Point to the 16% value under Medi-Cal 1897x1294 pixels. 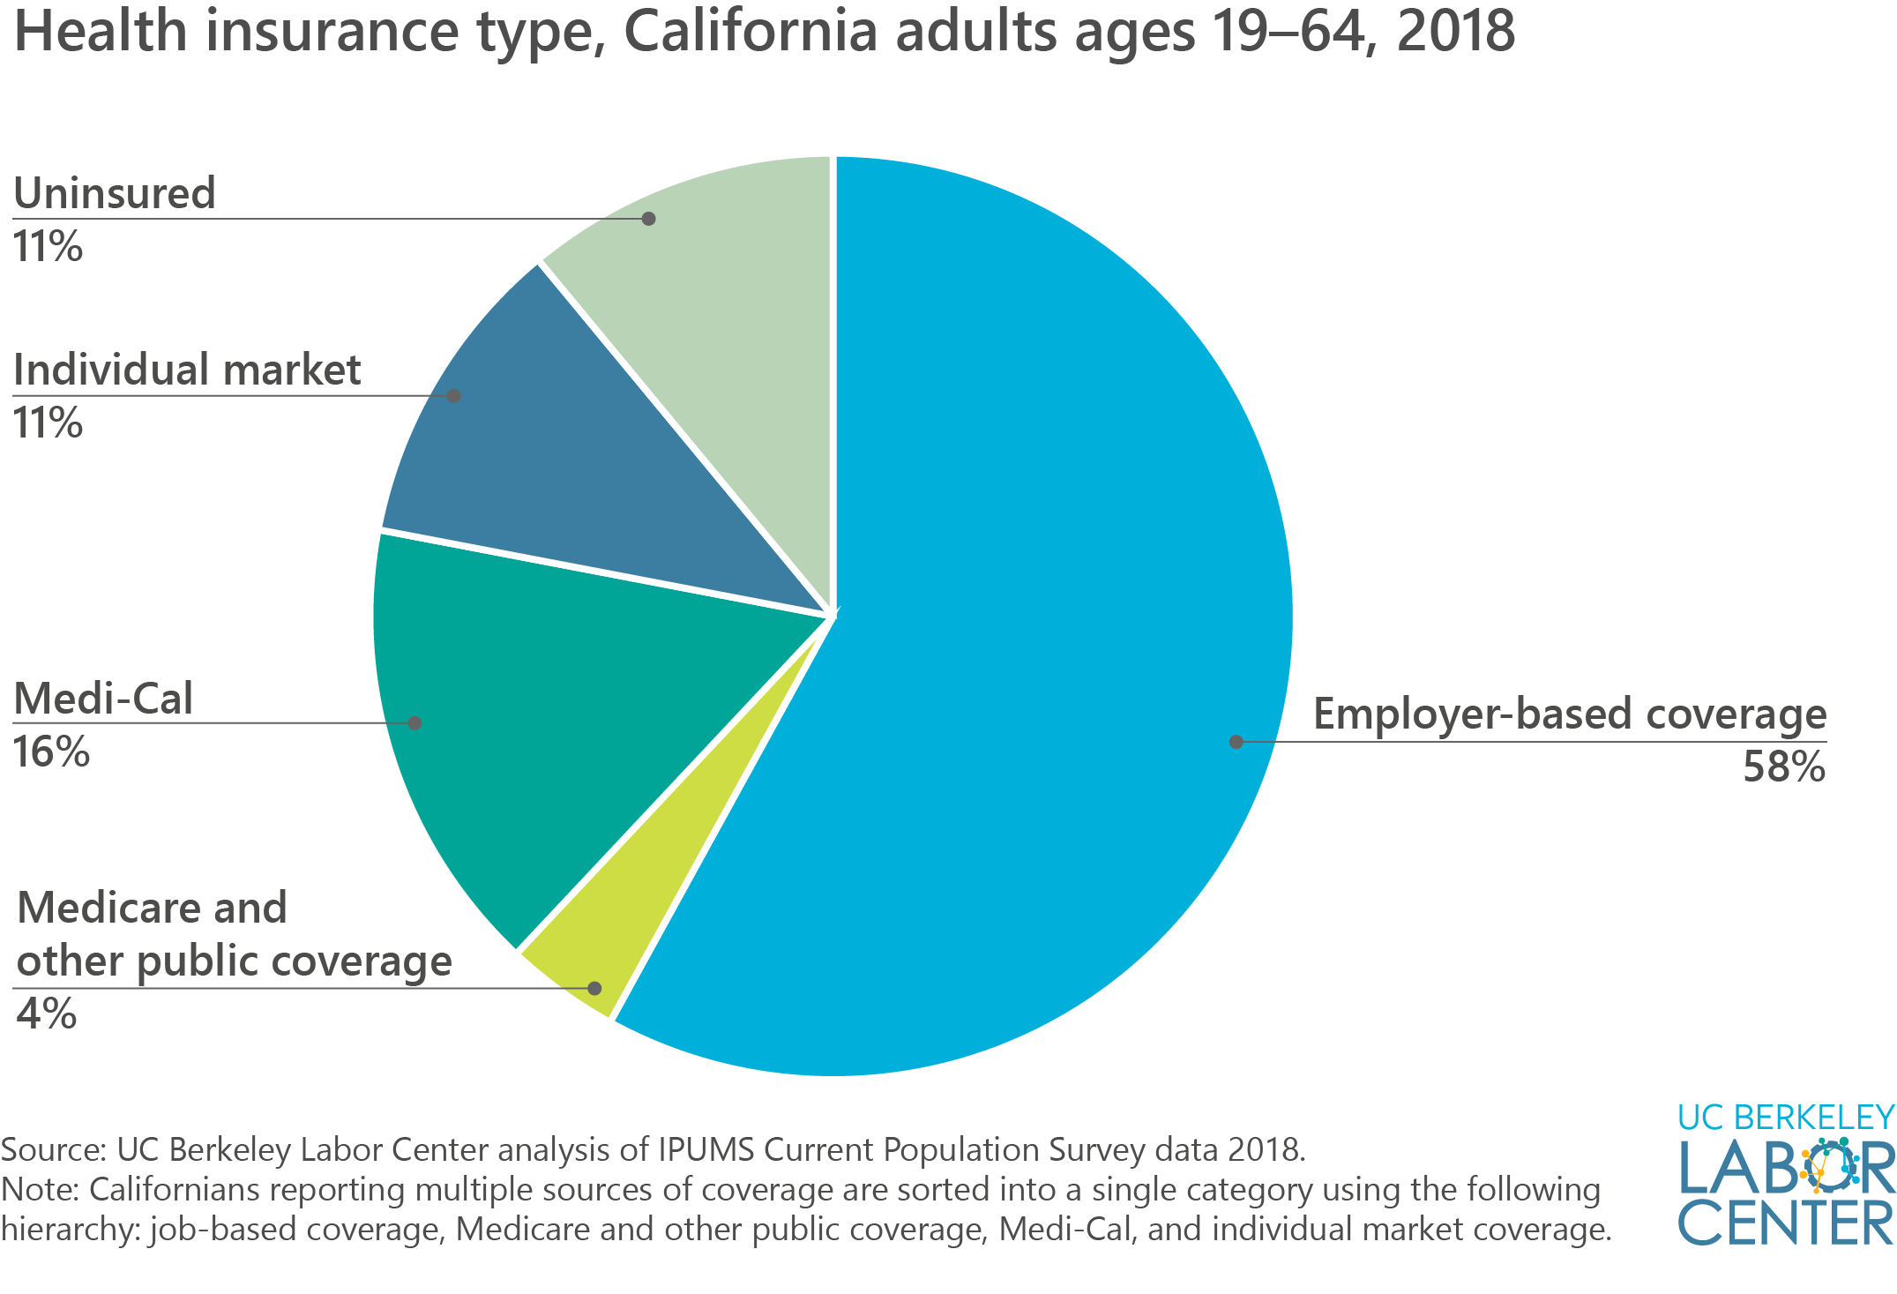click(x=51, y=752)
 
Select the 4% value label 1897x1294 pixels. click(x=46, y=1014)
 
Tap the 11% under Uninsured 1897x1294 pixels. click(x=48, y=247)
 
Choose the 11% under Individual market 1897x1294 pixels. click(x=48, y=423)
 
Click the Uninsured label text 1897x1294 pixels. click(x=115, y=193)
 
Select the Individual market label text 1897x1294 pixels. click(x=187, y=370)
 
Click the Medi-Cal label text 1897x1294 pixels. click(x=103, y=699)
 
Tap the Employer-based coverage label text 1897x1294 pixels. click(x=1569, y=714)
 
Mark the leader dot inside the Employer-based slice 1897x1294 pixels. click(x=1236, y=742)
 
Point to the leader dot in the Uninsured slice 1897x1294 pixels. click(x=648, y=219)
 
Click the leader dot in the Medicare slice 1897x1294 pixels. click(x=594, y=988)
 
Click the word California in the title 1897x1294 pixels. click(x=751, y=32)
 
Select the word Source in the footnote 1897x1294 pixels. click(x=51, y=1149)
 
